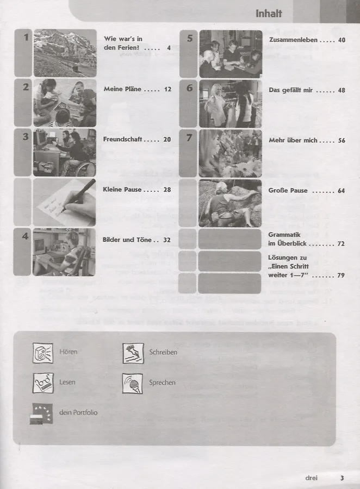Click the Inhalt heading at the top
[269, 14]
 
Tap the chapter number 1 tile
[23, 53]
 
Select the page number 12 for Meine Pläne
[167, 89]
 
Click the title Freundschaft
[122, 139]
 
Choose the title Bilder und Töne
[127, 240]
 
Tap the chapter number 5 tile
[189, 54]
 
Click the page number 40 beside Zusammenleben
[342, 40]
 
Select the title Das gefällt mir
[291, 90]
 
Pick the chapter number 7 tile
[188, 153]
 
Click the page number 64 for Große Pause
[342, 191]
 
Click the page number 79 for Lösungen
[341, 275]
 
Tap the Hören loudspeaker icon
[43, 353]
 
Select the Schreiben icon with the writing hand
[133, 353]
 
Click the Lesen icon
[43, 383]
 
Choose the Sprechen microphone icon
[132, 383]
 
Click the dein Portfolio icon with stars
[41, 413]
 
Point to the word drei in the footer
[311, 478]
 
